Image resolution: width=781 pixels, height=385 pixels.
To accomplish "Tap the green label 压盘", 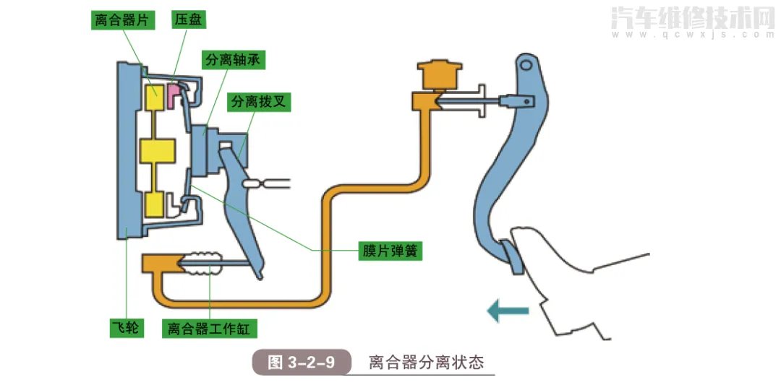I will (186, 20).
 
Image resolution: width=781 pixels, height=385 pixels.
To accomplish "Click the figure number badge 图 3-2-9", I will (301, 362).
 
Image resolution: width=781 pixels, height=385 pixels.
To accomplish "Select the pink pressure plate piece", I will (175, 92).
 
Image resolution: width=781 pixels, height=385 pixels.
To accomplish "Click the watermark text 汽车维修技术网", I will (693, 18).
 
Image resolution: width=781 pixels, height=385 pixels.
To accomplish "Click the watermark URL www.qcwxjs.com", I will (693, 34).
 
